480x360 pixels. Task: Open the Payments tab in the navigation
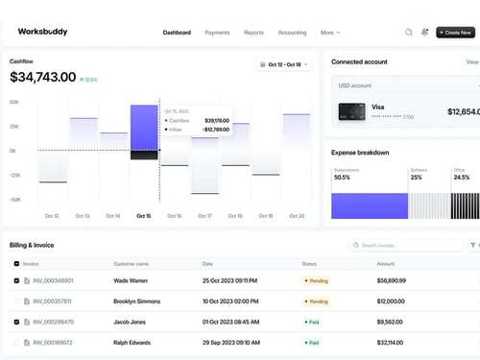217,33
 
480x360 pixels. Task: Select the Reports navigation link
253,33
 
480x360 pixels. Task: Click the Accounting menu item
292,33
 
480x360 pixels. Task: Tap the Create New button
455,33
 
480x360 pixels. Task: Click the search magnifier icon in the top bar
409,33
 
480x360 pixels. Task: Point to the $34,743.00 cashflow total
42,77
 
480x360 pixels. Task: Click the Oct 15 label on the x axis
143,216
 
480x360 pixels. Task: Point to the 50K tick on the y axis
14,101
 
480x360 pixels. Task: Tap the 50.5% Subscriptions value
342,178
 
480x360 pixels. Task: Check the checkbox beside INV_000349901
16,281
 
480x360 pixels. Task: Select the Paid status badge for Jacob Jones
312,322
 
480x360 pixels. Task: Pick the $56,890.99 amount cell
392,281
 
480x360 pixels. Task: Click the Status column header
309,263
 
